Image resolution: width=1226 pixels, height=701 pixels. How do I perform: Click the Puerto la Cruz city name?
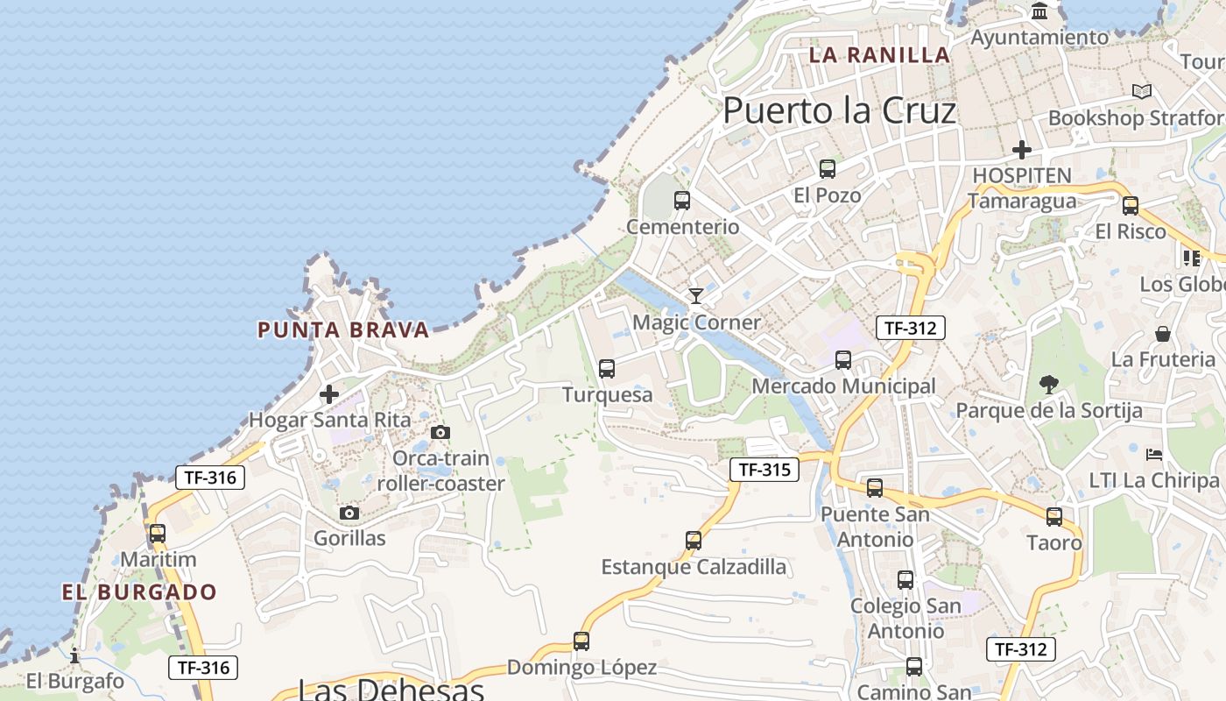point(839,111)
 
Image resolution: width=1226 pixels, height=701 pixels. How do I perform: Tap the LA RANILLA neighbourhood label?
point(879,54)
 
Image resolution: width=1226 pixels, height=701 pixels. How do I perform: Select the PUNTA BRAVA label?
point(343,330)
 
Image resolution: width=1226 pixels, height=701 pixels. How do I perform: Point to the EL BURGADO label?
point(139,591)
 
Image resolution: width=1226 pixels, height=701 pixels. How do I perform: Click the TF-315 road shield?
point(764,470)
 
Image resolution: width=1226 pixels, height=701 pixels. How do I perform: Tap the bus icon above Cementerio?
point(682,201)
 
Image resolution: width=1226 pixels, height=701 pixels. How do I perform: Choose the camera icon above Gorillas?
point(349,513)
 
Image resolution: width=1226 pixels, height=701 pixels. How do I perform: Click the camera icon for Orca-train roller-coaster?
point(440,432)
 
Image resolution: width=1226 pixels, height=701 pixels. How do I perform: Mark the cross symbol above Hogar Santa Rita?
point(329,394)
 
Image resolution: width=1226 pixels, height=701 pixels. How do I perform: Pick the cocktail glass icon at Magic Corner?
point(696,296)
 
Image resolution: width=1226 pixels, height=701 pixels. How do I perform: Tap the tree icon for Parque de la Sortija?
point(1048,384)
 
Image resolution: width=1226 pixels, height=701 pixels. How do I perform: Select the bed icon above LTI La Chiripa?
point(1154,454)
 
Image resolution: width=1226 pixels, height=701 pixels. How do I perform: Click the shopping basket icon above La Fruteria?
point(1163,334)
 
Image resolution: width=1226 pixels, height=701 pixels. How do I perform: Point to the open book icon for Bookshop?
point(1142,91)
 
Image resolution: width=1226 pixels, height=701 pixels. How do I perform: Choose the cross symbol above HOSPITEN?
point(1022,150)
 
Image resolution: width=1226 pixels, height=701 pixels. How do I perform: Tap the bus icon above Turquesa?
point(607,369)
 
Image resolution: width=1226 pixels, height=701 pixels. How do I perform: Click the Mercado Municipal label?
point(843,386)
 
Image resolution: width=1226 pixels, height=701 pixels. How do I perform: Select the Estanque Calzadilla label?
point(694,567)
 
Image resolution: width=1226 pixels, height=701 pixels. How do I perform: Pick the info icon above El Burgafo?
point(74,655)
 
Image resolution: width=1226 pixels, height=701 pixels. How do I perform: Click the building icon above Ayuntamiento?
point(1040,11)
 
